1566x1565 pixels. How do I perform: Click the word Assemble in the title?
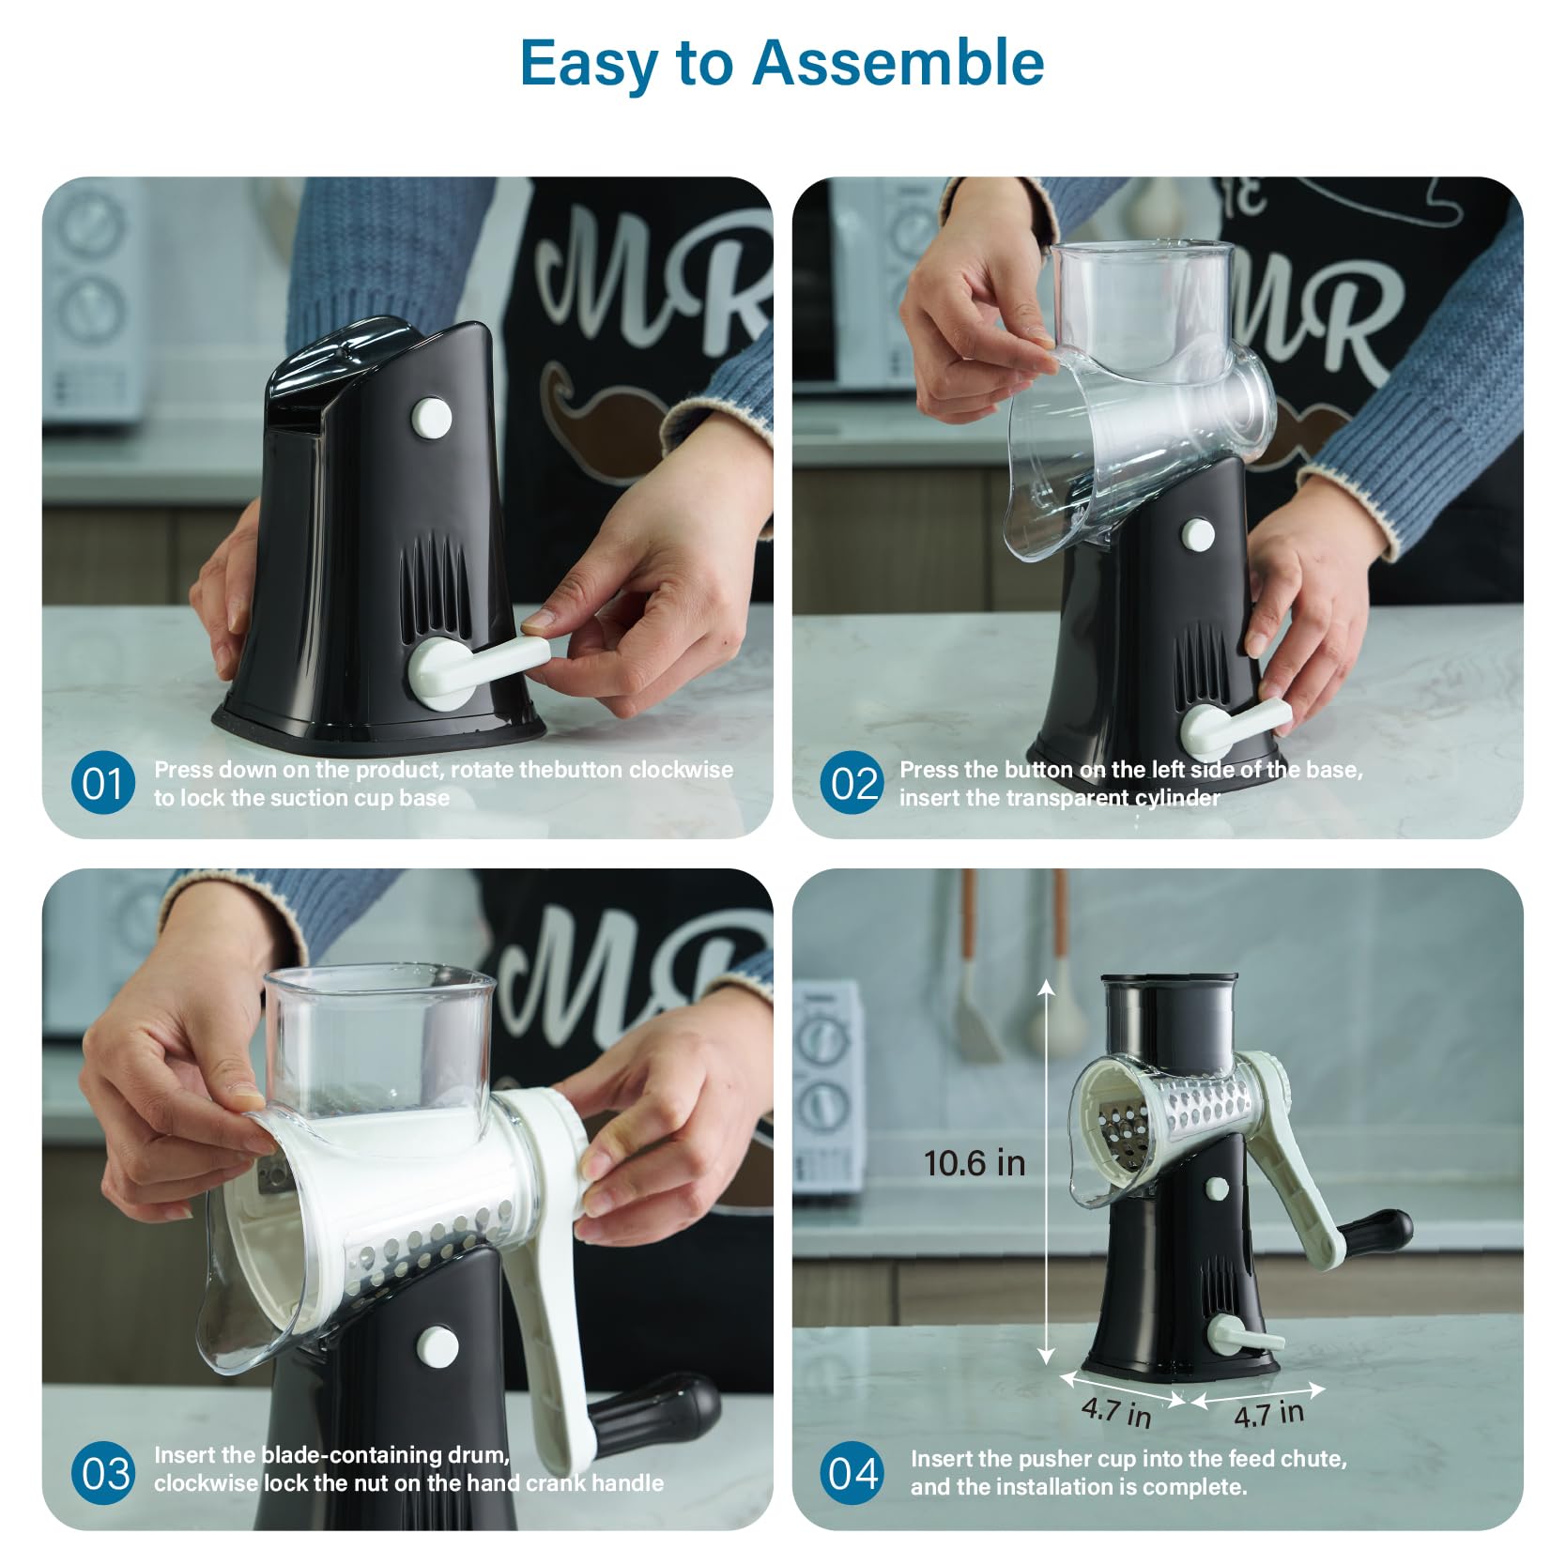click(x=898, y=62)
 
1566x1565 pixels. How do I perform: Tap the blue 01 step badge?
click(x=102, y=784)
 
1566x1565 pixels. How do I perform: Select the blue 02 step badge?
click(x=852, y=784)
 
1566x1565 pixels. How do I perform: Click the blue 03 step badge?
click(x=102, y=1473)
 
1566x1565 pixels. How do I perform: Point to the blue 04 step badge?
click(x=852, y=1473)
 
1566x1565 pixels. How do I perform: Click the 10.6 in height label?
click(x=975, y=1163)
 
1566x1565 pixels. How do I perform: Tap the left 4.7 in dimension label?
click(x=1116, y=1411)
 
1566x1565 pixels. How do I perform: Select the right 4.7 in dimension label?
click(x=1269, y=1413)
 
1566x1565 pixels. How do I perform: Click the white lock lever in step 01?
click(x=478, y=666)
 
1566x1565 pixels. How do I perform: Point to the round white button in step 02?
click(x=1197, y=535)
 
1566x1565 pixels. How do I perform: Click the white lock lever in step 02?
click(x=1239, y=726)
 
